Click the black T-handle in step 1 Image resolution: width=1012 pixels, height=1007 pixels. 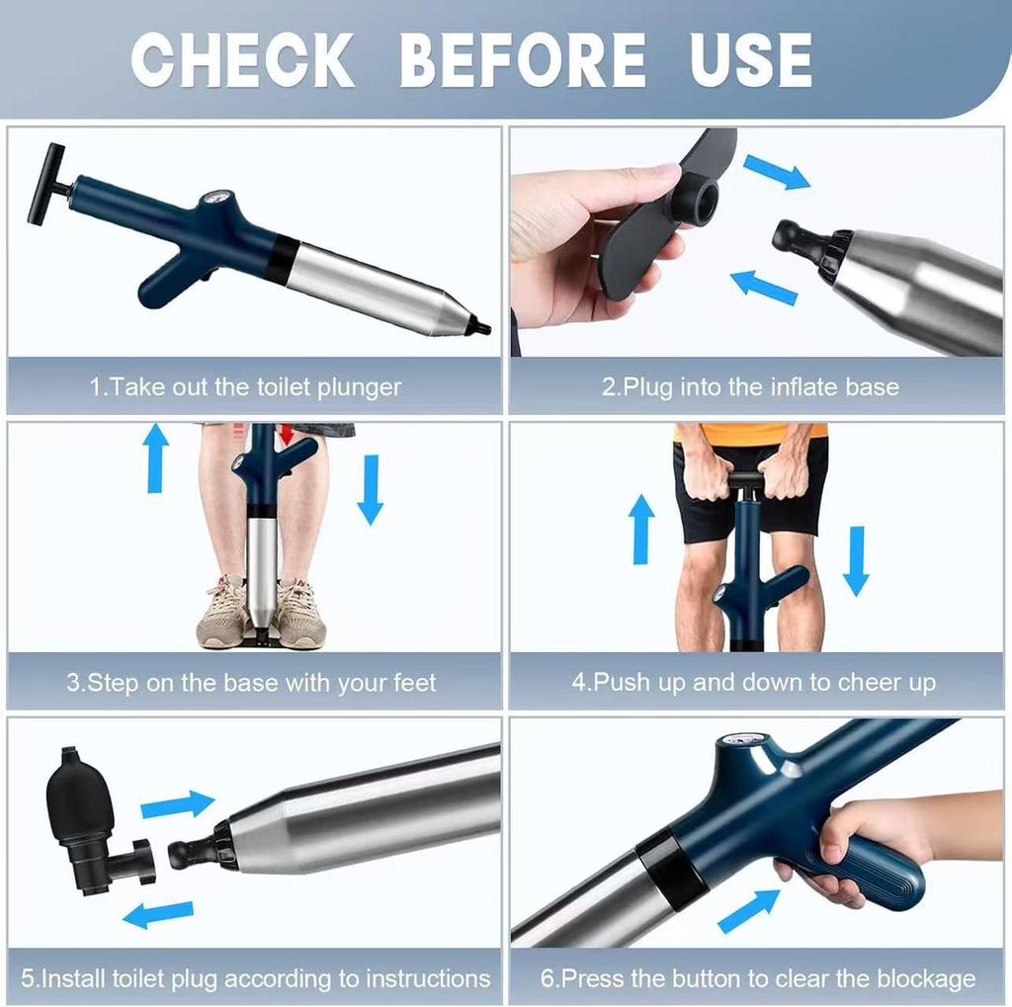46,184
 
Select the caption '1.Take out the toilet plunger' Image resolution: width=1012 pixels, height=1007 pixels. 246,387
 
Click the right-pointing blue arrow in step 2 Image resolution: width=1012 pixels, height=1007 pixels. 777,172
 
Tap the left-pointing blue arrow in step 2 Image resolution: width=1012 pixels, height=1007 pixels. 763,288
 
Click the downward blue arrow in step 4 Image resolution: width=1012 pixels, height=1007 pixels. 856,560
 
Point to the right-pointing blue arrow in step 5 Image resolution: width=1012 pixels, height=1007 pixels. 177,805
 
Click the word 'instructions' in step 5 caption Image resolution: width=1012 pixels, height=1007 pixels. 428,979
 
